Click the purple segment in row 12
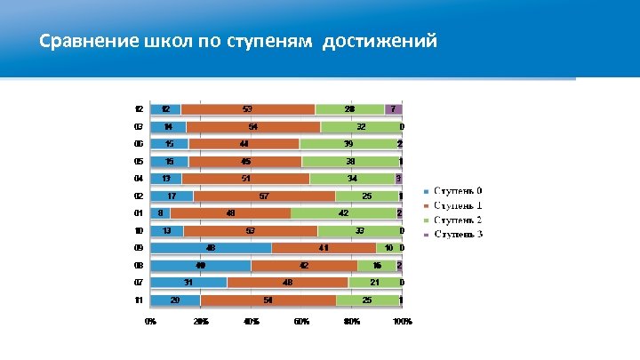[x=393, y=109]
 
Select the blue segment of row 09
[x=211, y=248]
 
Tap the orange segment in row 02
[x=264, y=196]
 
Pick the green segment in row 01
[x=343, y=213]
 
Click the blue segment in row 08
[x=201, y=265]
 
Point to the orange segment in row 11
[x=268, y=300]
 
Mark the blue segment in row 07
[x=188, y=283]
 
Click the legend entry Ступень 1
[x=458, y=206]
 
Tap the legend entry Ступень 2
[x=458, y=220]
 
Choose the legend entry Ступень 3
[x=458, y=234]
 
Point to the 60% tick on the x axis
[x=301, y=321]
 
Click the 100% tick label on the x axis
[x=403, y=321]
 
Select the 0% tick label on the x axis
[x=151, y=321]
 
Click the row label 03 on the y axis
[x=139, y=127]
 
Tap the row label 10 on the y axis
[x=139, y=231]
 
